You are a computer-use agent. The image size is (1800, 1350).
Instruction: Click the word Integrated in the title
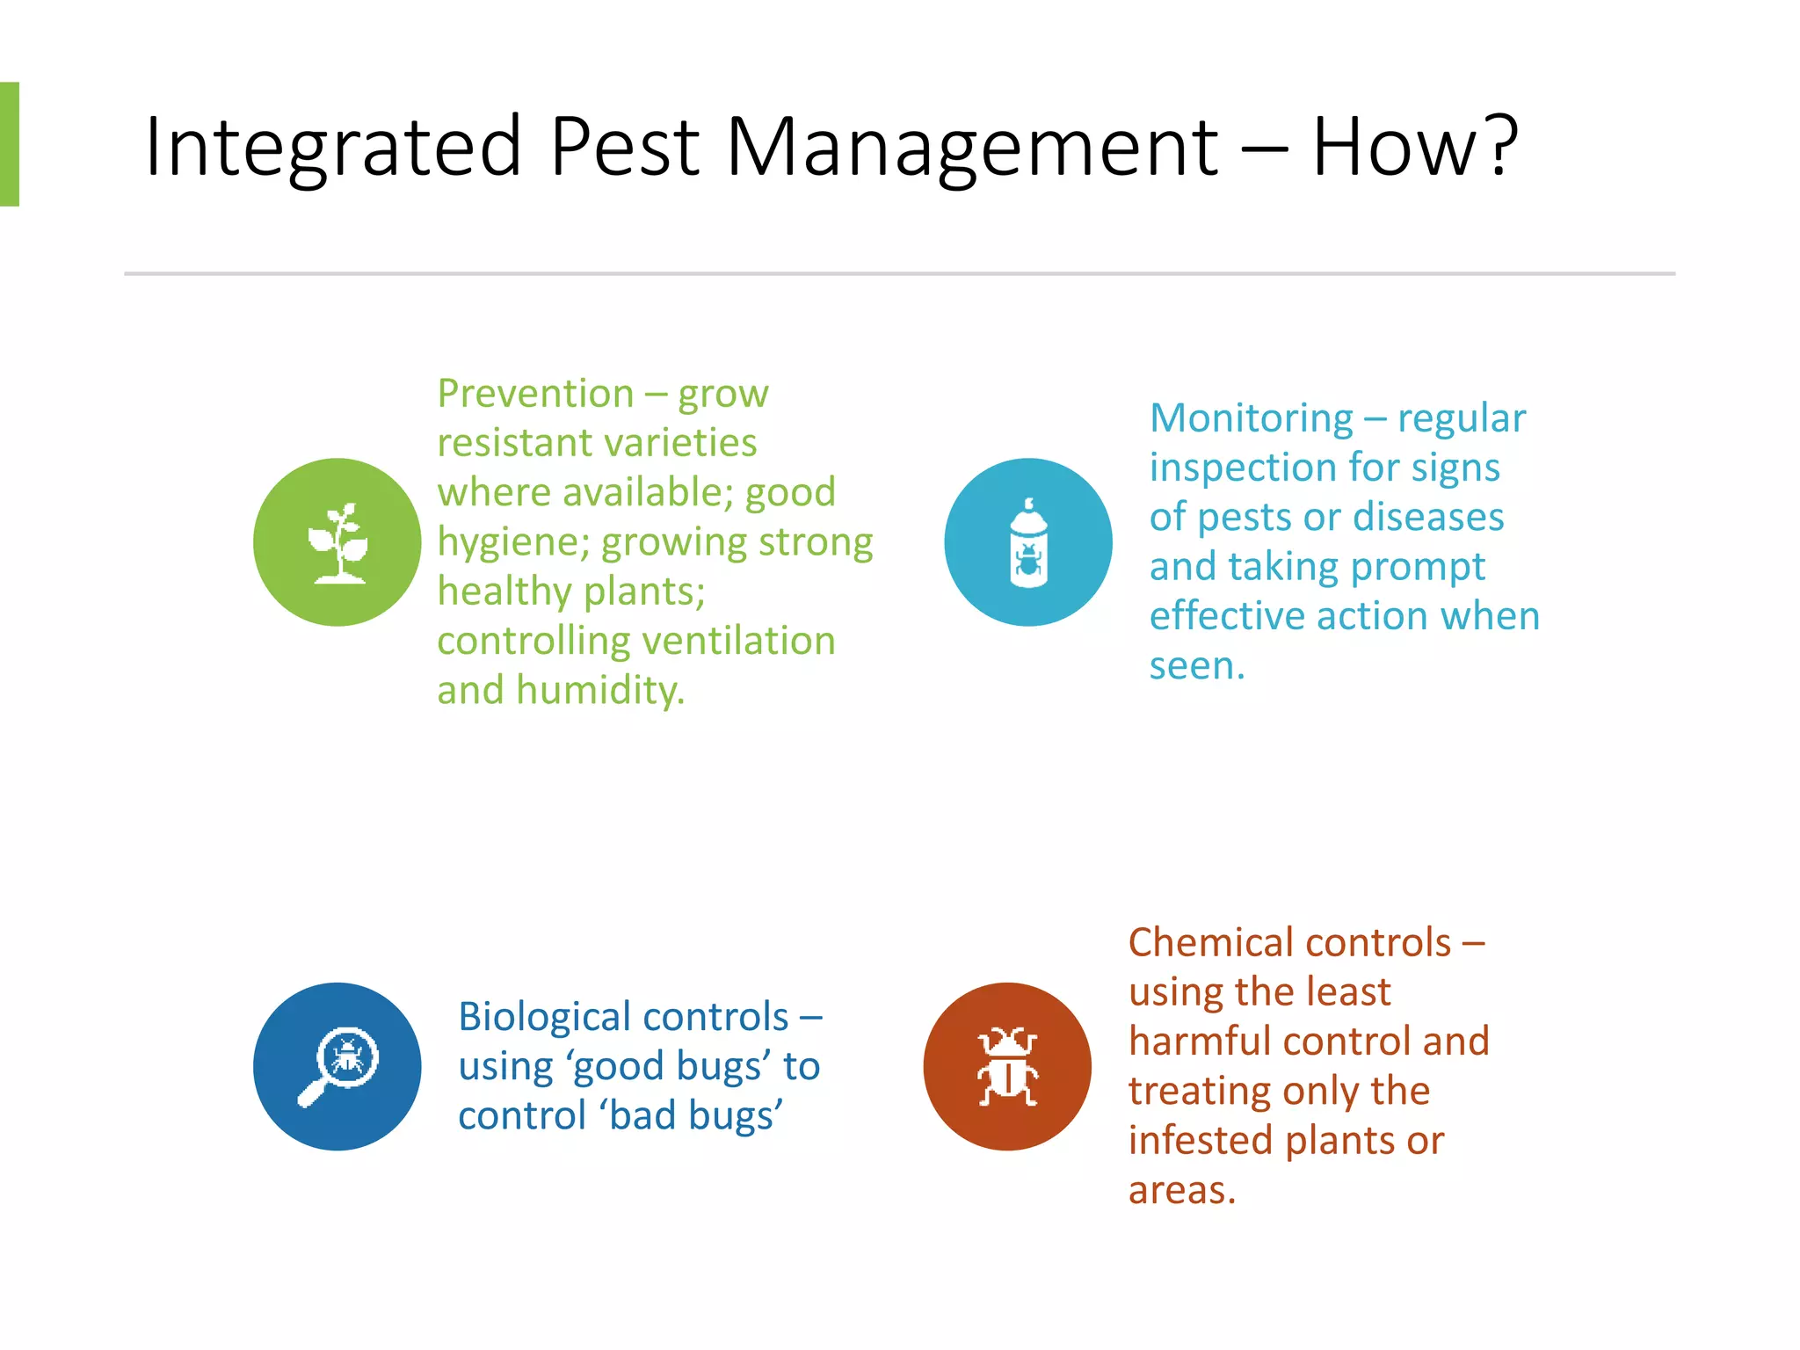click(332, 148)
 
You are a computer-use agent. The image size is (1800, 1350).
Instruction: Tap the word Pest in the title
click(625, 148)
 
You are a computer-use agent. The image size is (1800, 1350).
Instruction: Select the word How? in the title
click(1415, 148)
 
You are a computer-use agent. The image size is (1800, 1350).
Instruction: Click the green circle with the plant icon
click(337, 542)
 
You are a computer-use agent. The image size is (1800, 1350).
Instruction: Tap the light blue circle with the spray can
click(1027, 542)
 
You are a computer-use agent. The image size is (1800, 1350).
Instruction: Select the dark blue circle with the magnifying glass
click(337, 1066)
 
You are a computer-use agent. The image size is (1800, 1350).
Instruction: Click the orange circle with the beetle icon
click(1007, 1066)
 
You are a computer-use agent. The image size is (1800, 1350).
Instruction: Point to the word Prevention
click(535, 394)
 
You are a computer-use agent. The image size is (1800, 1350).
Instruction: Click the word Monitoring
click(1251, 418)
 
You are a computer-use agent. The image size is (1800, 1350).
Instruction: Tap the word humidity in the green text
click(599, 691)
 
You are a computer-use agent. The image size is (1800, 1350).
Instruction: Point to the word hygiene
click(512, 543)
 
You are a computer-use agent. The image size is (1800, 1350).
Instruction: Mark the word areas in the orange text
click(1180, 1191)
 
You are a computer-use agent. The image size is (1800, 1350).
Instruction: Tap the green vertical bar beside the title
click(10, 144)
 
